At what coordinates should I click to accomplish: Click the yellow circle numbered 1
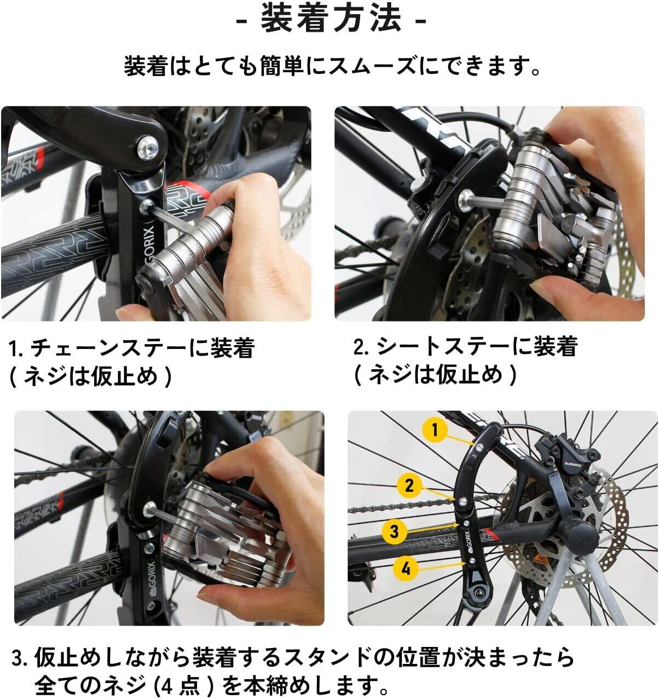tap(435, 430)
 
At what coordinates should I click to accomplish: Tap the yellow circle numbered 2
tap(409, 486)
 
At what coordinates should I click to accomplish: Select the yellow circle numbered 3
tap(395, 531)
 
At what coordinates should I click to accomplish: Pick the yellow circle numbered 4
tap(406, 569)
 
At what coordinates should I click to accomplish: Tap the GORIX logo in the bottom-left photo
tap(151, 578)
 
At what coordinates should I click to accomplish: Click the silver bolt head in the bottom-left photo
tap(149, 507)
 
